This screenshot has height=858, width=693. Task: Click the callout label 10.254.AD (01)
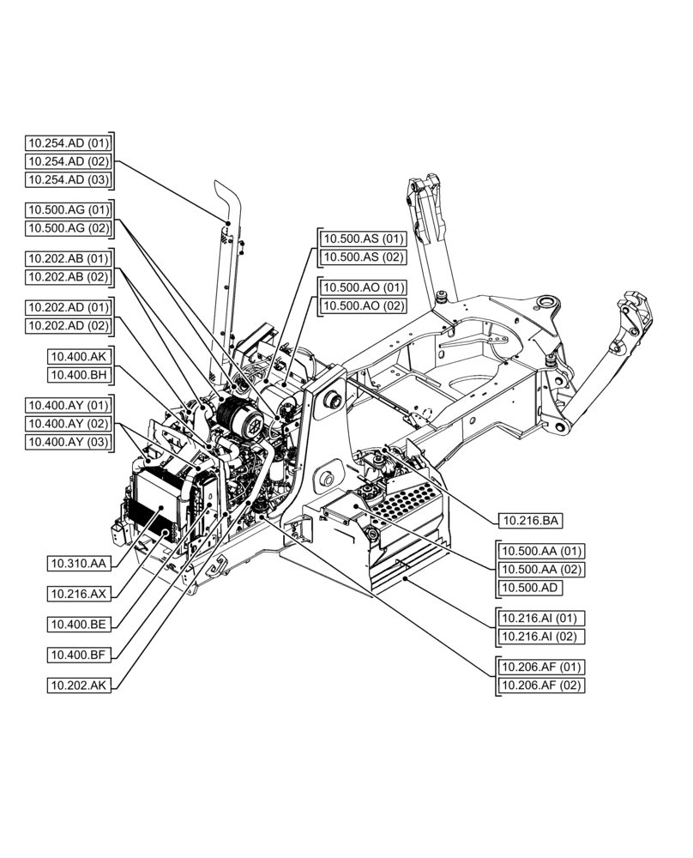coord(68,142)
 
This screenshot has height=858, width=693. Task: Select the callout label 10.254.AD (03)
coord(68,180)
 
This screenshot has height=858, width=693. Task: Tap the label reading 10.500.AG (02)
coord(68,228)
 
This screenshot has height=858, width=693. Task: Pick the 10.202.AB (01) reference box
coord(68,258)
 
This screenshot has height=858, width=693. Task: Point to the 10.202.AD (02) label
coord(68,325)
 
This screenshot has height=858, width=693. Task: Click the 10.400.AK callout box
coord(80,355)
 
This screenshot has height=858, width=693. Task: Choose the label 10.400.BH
coord(80,374)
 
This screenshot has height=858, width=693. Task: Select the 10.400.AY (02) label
coord(68,423)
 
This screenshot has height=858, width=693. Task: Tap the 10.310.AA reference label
coord(79,564)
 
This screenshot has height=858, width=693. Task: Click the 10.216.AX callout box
coord(79,594)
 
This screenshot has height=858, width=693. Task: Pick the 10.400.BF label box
coord(79,655)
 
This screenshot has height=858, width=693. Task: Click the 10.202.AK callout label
coord(79,685)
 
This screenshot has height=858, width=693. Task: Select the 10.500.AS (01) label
coord(362,239)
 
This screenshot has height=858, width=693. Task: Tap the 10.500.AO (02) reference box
coord(362,305)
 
